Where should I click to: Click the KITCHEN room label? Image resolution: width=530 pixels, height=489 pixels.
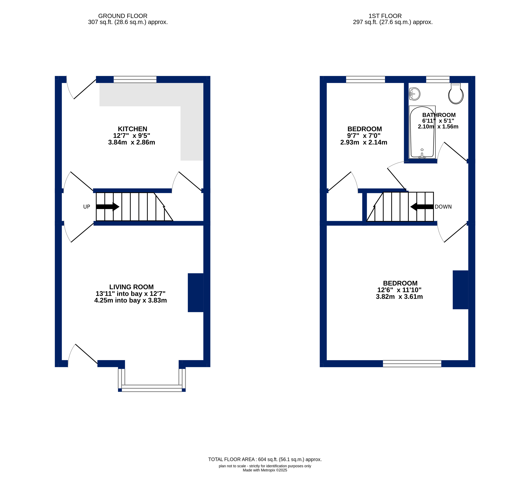tap(133, 129)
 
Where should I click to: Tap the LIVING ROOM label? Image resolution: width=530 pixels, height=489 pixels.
tap(131, 287)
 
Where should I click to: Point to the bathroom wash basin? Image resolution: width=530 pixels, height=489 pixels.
tap(414, 94)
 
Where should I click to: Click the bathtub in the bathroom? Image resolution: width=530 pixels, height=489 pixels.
tap(422, 132)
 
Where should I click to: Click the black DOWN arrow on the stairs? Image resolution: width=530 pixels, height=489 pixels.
tap(422, 207)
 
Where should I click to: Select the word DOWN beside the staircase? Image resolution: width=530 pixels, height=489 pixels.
tap(443, 207)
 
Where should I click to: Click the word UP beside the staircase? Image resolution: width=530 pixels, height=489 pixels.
tap(87, 207)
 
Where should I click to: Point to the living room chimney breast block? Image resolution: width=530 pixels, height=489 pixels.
tap(195, 293)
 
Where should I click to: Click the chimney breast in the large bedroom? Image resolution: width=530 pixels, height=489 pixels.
tap(460, 290)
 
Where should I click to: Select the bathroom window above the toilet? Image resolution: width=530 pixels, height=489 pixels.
tap(438, 79)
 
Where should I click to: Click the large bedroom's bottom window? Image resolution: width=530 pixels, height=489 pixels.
tap(412, 363)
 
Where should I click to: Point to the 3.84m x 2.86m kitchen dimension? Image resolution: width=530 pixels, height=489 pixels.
tap(131, 142)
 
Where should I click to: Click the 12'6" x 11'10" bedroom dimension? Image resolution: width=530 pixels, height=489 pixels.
tap(399, 290)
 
